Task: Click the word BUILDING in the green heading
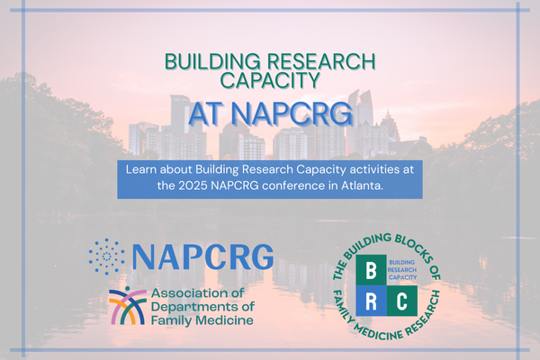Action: point(212,61)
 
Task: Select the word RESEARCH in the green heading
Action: point(321,61)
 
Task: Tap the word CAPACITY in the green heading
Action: point(270,80)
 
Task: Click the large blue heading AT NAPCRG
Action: point(270,113)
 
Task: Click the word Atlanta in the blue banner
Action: point(362,185)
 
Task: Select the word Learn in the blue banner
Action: point(141,169)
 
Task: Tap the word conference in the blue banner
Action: point(293,185)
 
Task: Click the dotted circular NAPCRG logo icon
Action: point(107,256)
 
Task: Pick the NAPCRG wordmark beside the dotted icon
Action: point(202,256)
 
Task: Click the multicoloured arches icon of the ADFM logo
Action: point(128,306)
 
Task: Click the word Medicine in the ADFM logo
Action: point(228,320)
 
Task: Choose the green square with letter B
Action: point(371,270)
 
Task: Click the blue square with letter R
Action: point(371,301)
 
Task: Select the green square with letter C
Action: point(402,301)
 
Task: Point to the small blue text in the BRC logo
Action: point(402,270)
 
